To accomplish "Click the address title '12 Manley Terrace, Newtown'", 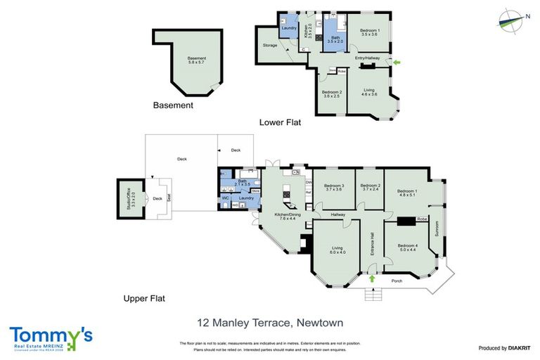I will (x=270, y=323).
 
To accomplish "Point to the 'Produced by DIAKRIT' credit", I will (x=503, y=348).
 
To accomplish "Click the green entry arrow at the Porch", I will (x=371, y=279).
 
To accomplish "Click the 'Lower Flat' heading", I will (x=280, y=122).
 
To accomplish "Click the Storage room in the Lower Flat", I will (x=269, y=45).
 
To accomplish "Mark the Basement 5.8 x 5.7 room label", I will (x=187, y=60).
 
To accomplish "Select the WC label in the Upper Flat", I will (x=226, y=198).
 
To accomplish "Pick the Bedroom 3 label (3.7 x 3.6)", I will (x=333, y=187).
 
